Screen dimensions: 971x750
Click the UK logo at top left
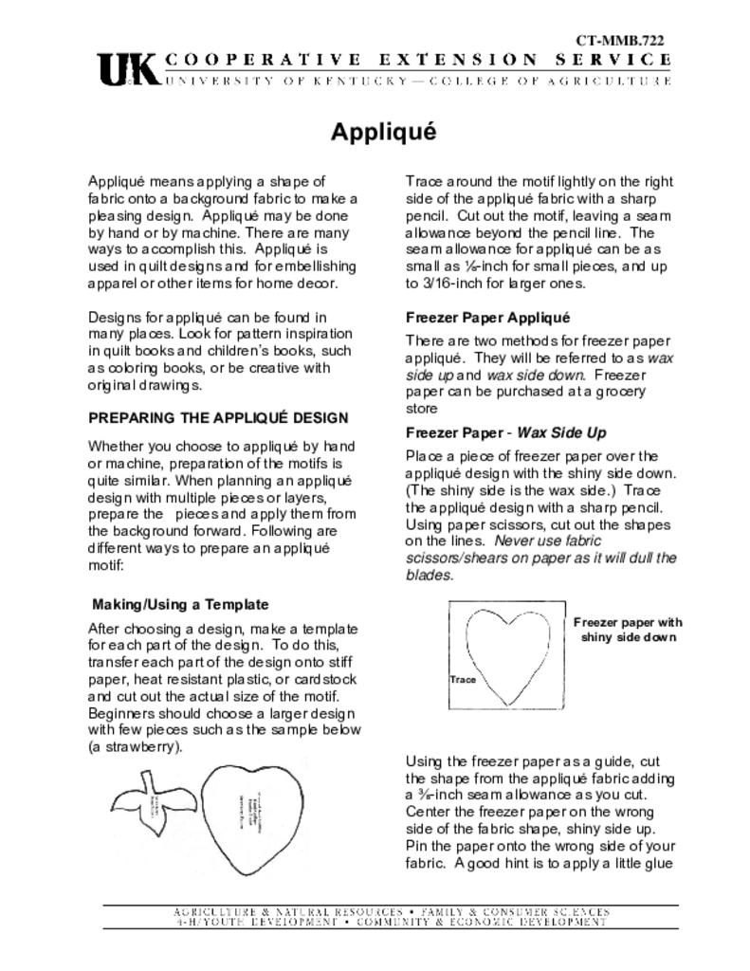128,69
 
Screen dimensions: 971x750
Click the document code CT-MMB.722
620,40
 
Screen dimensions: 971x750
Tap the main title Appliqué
383,132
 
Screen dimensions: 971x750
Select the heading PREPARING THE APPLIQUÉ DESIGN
218,417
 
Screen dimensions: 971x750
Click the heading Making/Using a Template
180,604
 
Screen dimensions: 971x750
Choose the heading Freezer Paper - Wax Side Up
505,433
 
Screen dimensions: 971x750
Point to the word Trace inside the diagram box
462,680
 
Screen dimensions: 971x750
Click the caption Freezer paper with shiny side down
628,630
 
